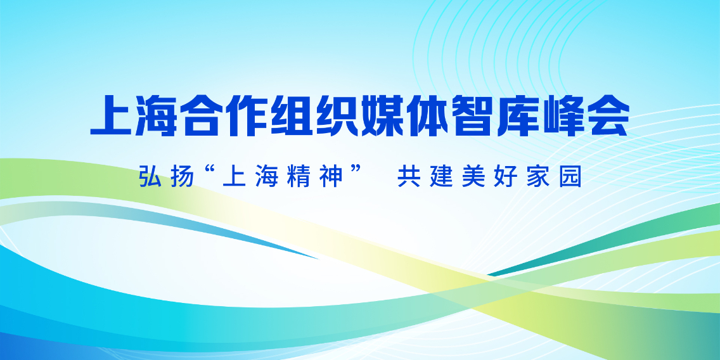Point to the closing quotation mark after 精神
click(356, 171)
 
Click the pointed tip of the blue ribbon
click(317, 259)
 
